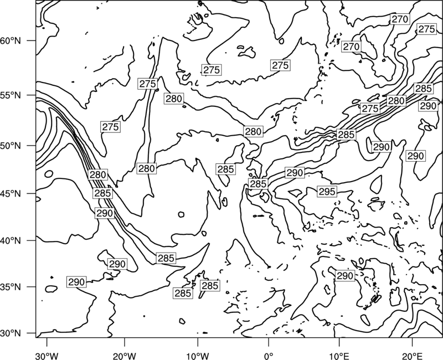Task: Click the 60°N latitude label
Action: pos(11,40)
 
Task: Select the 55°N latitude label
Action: pos(11,95)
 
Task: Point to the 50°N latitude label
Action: pos(11,146)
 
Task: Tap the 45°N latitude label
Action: pos(11,193)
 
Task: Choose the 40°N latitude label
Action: pos(11,240)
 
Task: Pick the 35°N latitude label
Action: pos(11,287)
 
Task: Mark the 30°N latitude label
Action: pos(11,333)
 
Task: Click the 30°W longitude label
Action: pos(47,356)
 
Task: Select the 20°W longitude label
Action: pos(124,356)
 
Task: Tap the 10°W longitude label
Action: pos(198,356)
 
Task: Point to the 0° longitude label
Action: pos(269,356)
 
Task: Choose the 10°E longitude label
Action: pos(339,356)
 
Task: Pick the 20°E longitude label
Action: pos(412,356)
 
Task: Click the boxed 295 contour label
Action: pos(327,192)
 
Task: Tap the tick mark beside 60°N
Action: pos(32,40)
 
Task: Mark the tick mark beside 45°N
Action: pos(32,193)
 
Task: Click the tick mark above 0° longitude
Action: pos(269,342)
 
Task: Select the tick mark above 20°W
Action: pos(124,342)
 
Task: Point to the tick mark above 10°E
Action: pos(339,342)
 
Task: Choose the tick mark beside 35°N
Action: pos(32,287)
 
